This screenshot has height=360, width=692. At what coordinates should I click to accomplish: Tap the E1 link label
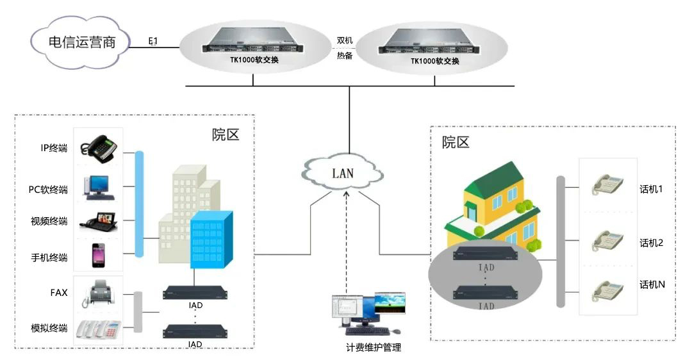[x=153, y=42]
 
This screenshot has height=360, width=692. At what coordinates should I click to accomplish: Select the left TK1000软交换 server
[x=252, y=44]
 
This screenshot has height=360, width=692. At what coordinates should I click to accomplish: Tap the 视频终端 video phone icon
[x=99, y=221]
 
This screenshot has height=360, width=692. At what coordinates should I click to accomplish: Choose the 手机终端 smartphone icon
[x=98, y=255]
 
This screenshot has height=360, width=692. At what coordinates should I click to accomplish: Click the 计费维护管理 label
[x=373, y=347]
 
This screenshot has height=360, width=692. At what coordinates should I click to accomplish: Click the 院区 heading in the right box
[x=456, y=142]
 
